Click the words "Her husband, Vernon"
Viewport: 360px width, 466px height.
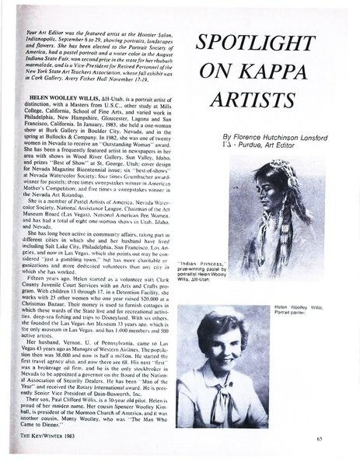click(55, 363)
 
